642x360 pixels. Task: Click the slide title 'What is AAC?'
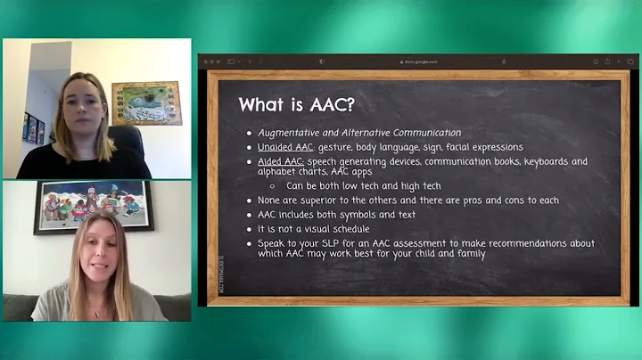pyautogui.click(x=296, y=105)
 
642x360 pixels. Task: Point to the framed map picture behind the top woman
pyautogui.click(x=145, y=102)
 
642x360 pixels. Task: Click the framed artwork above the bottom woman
pyautogui.click(x=94, y=207)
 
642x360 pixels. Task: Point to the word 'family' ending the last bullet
pyautogui.click(x=468, y=254)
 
